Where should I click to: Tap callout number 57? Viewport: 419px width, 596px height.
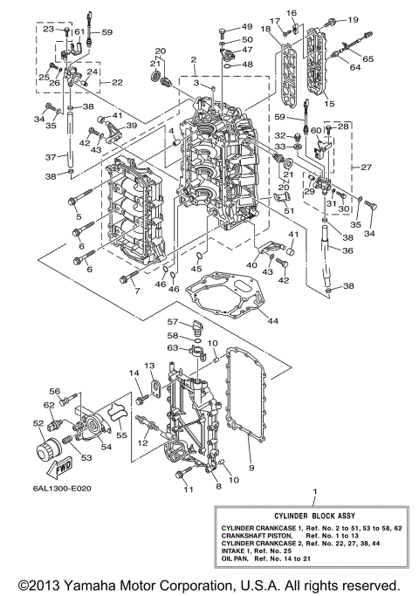[172, 320]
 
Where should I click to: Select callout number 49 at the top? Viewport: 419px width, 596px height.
[245, 27]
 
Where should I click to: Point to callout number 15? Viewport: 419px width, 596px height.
[329, 103]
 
